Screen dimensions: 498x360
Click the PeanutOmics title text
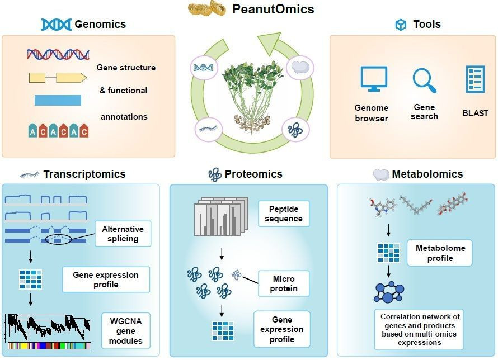tap(273, 9)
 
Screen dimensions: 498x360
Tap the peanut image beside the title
tap(207, 8)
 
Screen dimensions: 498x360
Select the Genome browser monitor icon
tap(374, 79)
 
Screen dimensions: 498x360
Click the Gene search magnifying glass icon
tap(424, 80)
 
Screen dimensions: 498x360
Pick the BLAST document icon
tap(475, 79)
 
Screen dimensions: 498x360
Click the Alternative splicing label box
tap(123, 234)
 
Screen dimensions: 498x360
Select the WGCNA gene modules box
tap(126, 331)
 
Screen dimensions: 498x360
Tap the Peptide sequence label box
tap(284, 214)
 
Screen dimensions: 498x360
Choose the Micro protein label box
tap(284, 283)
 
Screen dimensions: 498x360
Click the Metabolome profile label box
tap(440, 253)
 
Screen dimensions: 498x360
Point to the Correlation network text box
tap(419, 329)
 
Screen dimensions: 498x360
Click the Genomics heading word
tap(100, 24)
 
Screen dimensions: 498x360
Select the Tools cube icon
tap(401, 25)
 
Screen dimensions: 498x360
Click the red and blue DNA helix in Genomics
tap(58, 55)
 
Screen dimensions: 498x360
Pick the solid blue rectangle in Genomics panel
tap(58, 100)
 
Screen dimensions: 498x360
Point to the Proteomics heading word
tap(253, 174)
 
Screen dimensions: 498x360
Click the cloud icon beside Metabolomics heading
tap(381, 174)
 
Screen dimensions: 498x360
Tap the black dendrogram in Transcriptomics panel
tap(49, 328)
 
